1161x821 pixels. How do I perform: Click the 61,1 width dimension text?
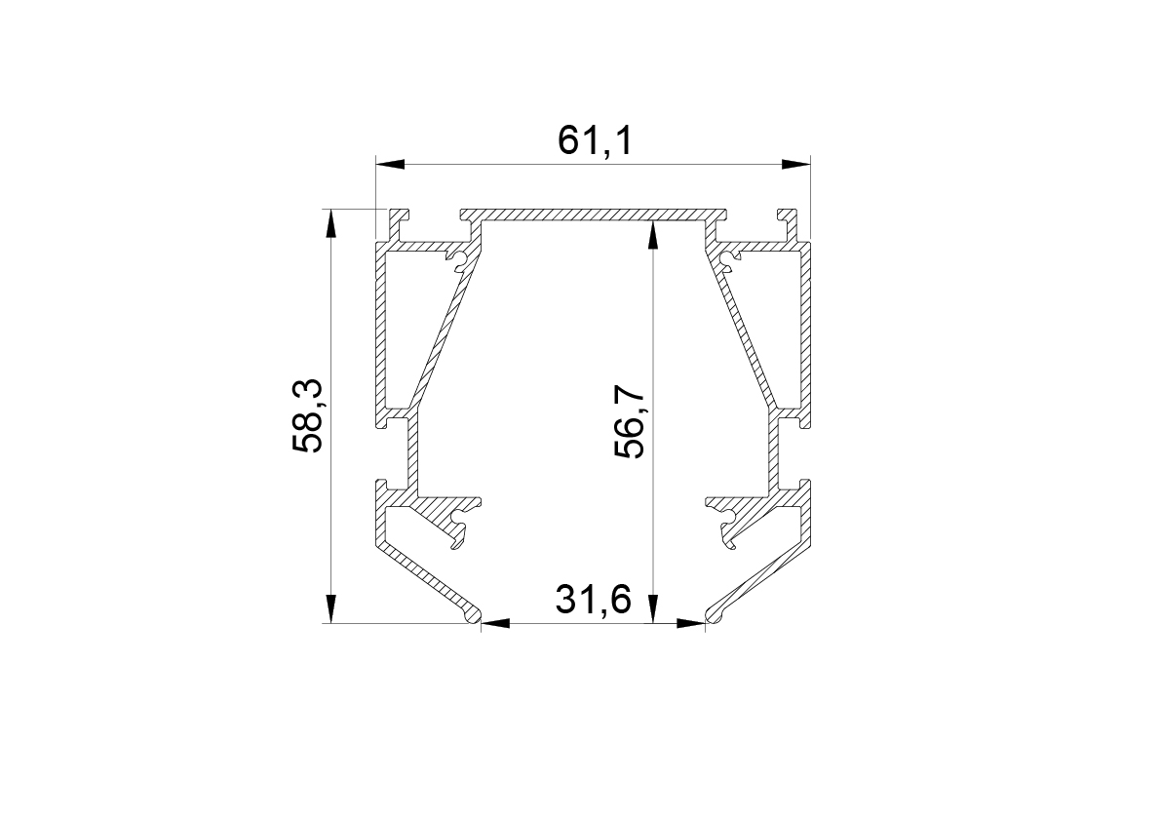pos(595,141)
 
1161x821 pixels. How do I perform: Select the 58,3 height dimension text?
pos(309,416)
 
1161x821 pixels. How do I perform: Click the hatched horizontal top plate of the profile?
pos(595,214)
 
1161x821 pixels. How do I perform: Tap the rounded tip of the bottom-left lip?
pos(473,615)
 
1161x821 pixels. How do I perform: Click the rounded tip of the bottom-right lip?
pos(715,615)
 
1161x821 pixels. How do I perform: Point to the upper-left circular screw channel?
pos(459,258)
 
